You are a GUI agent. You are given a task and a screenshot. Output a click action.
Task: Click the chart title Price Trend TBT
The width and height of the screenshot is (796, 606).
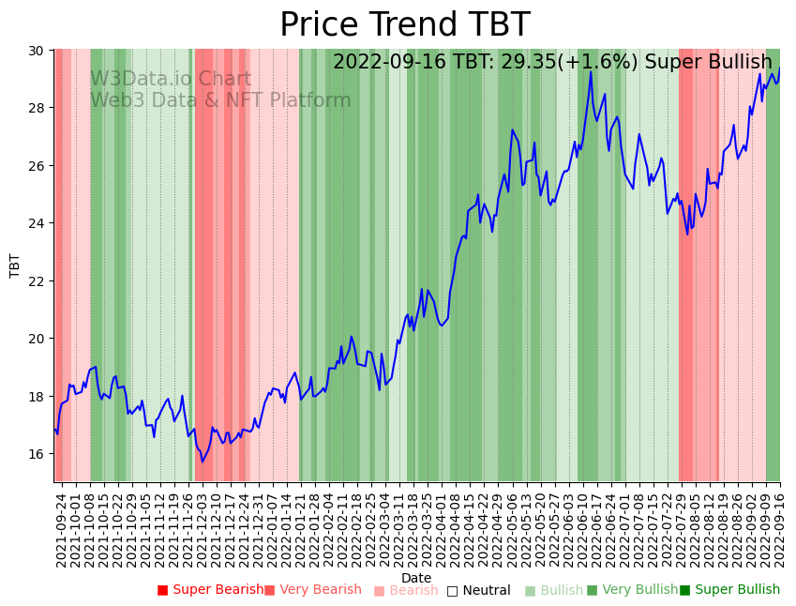click(404, 25)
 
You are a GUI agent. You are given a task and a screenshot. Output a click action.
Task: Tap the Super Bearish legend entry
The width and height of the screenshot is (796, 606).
click(210, 590)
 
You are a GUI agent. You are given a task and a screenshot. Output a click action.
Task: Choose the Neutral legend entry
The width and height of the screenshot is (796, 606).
click(478, 590)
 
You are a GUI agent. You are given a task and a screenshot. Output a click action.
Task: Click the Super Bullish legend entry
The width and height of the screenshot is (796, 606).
click(729, 590)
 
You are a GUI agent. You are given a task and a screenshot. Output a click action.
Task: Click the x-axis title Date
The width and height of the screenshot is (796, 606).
click(416, 579)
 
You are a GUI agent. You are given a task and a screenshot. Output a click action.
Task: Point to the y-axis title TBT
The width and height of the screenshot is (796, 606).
click(15, 265)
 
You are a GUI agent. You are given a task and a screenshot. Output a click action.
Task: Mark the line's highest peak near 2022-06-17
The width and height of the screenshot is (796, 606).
click(591, 72)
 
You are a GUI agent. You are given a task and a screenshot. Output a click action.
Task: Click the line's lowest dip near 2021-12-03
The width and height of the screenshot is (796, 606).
click(202, 462)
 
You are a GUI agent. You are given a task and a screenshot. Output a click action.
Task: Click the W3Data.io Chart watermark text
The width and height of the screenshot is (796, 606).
click(170, 80)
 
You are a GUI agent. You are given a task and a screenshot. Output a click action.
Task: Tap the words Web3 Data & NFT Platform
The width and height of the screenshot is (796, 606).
click(220, 100)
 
